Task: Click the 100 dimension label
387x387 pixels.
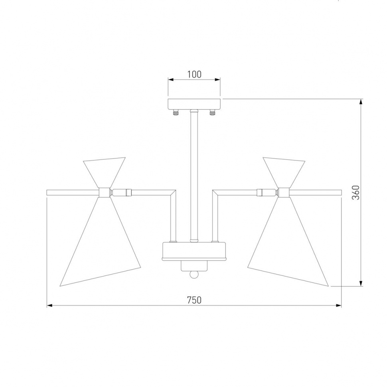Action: click(x=194, y=74)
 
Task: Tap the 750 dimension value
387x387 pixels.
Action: click(x=194, y=300)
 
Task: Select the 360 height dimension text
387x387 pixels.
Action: click(x=355, y=193)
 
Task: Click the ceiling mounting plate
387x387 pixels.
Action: click(x=194, y=104)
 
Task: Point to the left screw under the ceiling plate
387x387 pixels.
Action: click(x=176, y=113)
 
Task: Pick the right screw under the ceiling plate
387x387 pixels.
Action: click(x=212, y=113)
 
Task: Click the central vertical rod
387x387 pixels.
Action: click(x=194, y=175)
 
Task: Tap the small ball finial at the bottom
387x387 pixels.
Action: click(x=194, y=275)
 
